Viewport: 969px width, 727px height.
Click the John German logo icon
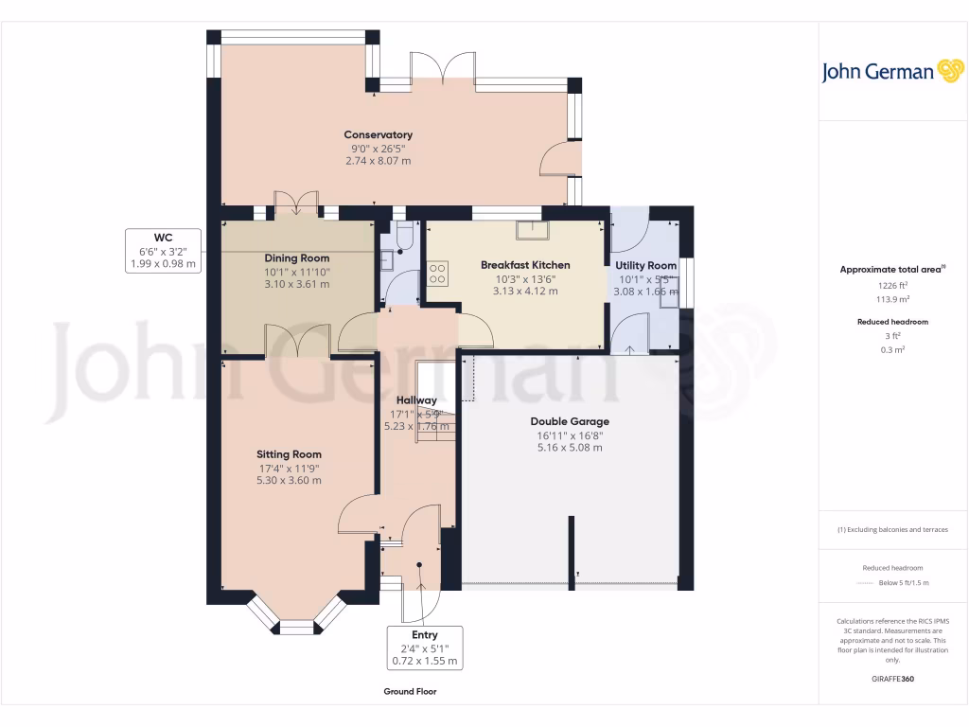(949, 72)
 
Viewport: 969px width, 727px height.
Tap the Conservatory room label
(378, 134)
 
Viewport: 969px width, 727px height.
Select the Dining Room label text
(297, 258)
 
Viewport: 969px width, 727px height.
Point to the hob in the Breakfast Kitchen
(439, 274)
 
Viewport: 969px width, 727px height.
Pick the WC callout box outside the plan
(164, 251)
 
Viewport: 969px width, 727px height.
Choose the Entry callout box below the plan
(425, 647)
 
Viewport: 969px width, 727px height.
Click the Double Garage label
(569, 421)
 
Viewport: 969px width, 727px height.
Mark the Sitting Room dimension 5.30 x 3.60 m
(289, 481)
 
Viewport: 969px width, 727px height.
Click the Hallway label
(415, 400)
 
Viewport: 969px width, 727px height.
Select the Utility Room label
(645, 266)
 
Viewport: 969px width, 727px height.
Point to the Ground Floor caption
(410, 692)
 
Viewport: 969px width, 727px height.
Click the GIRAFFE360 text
(892, 680)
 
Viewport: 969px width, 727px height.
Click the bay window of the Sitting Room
(295, 616)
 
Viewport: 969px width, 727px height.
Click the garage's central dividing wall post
(571, 549)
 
